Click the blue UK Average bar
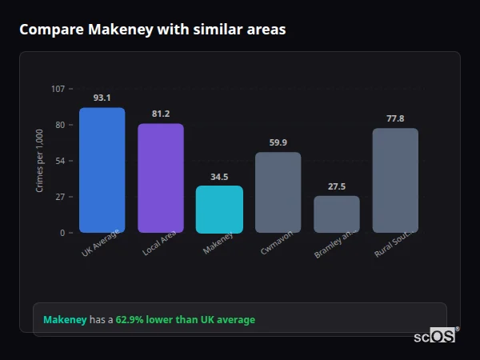tap(102, 170)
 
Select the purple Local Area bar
tap(160, 178)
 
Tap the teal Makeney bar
tap(219, 210)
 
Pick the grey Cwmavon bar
tap(278, 193)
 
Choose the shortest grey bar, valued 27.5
tap(337, 214)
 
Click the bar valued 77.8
tap(395, 181)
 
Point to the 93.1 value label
tap(102, 98)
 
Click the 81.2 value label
tap(160, 114)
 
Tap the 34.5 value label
tap(219, 177)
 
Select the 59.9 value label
tap(278, 142)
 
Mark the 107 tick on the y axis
tap(58, 89)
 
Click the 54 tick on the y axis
tap(60, 161)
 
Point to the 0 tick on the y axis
tap(62, 233)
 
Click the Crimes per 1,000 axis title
tap(40, 161)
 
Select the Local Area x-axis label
tap(159, 244)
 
